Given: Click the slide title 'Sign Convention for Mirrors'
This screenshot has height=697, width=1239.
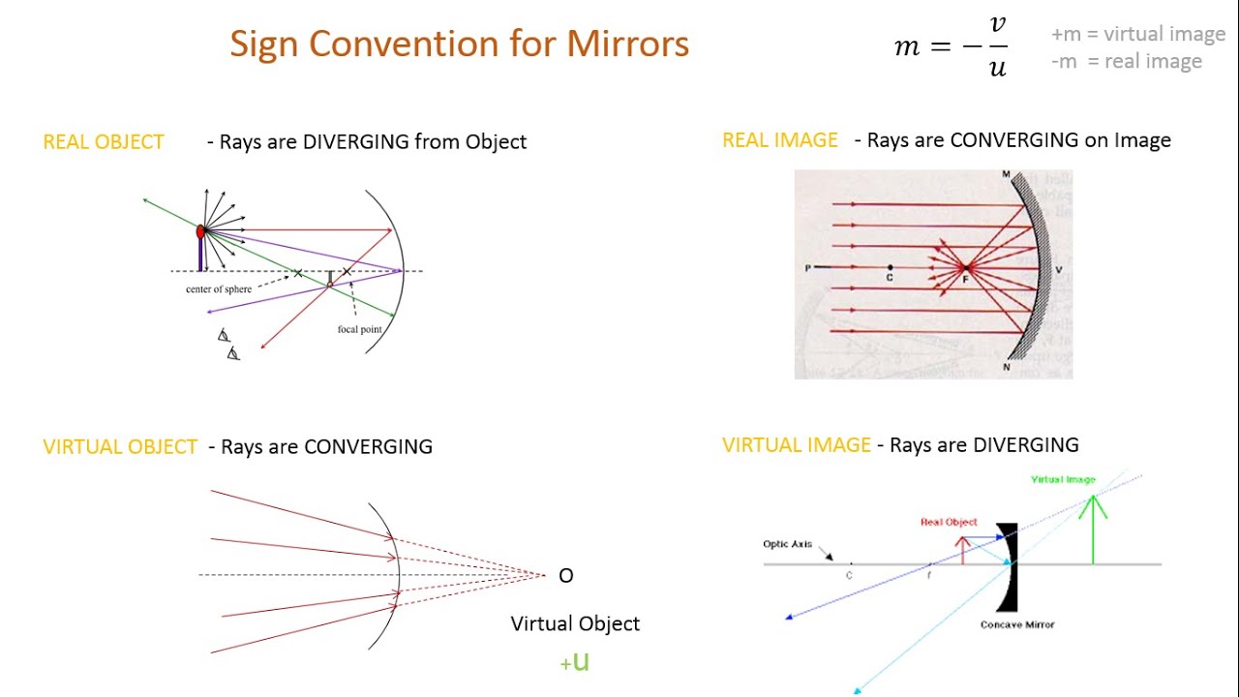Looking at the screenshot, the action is tap(459, 45).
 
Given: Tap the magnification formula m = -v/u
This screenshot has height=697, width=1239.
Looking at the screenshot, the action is tap(952, 46).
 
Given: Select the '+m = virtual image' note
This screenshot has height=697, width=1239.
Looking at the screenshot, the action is tap(1138, 35).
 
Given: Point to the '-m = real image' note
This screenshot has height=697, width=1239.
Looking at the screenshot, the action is tap(1127, 62).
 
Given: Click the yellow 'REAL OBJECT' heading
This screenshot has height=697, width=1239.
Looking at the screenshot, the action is tap(104, 142).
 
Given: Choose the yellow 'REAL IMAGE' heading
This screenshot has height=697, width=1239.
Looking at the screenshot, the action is tap(780, 140).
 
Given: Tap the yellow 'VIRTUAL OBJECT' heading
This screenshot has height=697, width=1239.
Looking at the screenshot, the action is tap(120, 447).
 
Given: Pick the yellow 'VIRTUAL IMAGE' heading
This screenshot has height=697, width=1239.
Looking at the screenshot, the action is tap(797, 445).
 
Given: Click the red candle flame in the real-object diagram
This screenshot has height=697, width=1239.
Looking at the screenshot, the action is tap(200, 232).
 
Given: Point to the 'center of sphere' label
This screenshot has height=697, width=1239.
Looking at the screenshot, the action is tap(219, 289).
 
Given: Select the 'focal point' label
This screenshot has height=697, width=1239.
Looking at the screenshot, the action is tap(359, 329).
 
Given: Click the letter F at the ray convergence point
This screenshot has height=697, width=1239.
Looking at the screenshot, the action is tap(965, 280).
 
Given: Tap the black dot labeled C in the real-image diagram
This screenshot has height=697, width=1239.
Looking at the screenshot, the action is tap(890, 266).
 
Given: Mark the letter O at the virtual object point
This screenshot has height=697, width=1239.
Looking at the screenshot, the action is tap(566, 576).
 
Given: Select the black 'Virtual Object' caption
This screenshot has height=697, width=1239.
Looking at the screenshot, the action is tap(575, 624).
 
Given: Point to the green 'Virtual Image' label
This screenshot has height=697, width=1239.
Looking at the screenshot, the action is tap(1063, 479).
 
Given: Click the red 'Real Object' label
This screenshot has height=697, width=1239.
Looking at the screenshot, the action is tap(949, 522).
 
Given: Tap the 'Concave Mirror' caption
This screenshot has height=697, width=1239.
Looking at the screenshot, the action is tap(1017, 625).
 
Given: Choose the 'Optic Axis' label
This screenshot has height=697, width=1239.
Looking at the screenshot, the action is tap(787, 544).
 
